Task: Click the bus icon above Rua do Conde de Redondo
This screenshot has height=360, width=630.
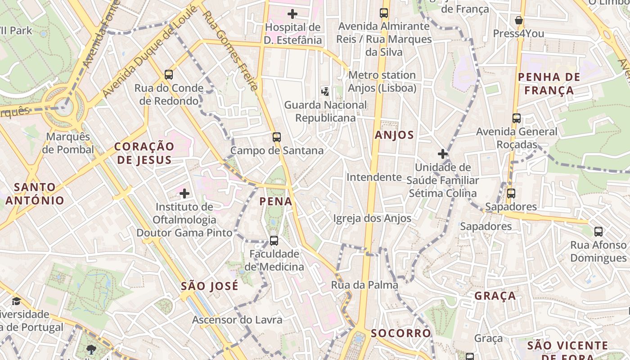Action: point(169,75)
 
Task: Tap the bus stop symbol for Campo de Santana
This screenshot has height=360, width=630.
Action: point(276,137)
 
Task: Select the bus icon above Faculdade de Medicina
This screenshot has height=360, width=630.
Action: point(274,241)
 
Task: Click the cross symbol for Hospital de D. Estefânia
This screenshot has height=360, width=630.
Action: point(292,14)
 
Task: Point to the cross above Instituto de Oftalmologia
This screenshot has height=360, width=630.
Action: point(184,194)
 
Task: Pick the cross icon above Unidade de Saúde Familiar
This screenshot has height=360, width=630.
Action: point(443,154)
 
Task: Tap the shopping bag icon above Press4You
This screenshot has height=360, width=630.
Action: point(518,20)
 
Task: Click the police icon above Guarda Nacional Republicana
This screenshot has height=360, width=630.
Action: point(325,92)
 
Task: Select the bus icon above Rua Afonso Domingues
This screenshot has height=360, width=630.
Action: point(598,232)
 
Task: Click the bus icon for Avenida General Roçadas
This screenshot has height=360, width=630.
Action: point(516,118)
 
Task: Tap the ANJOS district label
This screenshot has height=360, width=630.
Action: point(394,135)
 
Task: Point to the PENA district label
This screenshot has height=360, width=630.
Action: point(276,202)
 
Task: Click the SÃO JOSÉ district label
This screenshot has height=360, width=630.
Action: point(210,286)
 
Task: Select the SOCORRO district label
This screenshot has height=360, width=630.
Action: point(401,333)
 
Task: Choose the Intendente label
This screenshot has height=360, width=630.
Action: point(373,177)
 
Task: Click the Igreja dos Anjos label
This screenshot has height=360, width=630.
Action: point(372,219)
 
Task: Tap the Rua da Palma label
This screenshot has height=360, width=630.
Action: point(364,285)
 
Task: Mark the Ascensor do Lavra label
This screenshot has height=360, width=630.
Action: point(237,320)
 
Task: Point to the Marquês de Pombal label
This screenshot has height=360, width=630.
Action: point(68,143)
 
